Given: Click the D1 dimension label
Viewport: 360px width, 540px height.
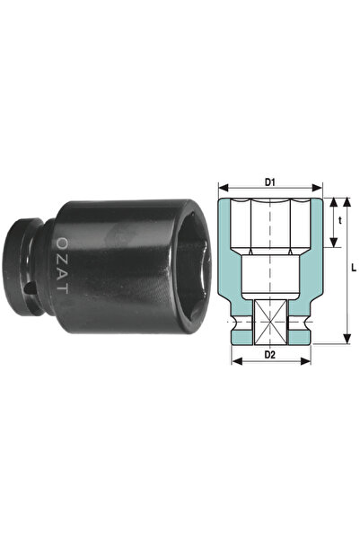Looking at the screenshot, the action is [x=270, y=182].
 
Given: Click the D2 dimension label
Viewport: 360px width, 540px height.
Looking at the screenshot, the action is [x=270, y=355].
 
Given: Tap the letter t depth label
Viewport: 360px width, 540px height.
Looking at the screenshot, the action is [x=340, y=221].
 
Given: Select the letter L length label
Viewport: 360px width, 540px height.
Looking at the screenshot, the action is [x=354, y=268].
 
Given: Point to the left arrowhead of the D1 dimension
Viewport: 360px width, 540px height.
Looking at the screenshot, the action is [x=224, y=188].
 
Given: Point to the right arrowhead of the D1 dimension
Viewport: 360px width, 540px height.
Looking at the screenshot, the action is [x=317, y=188].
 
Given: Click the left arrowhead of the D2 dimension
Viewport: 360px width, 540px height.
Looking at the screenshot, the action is [x=237, y=361].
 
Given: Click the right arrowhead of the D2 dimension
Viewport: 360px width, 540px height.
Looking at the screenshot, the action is [x=306, y=361].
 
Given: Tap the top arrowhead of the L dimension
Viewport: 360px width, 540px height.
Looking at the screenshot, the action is [x=347, y=202].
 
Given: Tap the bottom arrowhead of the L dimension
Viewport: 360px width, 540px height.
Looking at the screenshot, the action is [x=347, y=338].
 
